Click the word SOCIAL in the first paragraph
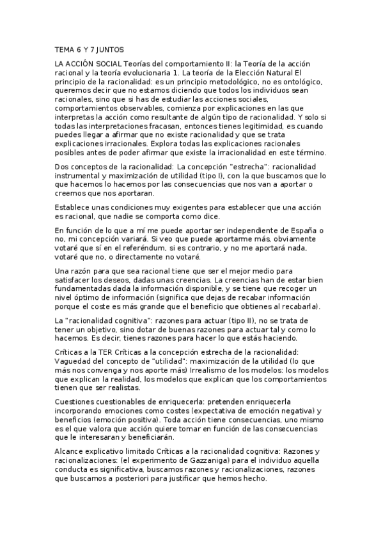104,65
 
